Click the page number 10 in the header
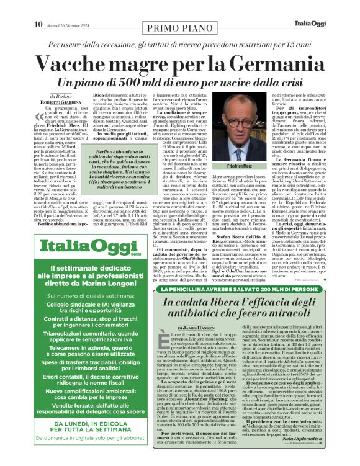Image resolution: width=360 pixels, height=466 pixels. point(38,7)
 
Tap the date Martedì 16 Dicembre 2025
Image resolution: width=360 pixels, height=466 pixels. point(66,7)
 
